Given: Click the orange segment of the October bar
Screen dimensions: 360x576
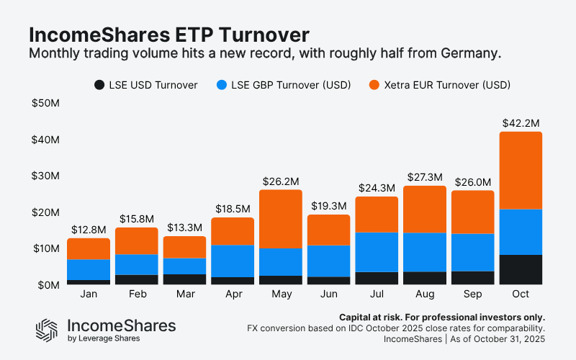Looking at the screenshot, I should tap(521, 171).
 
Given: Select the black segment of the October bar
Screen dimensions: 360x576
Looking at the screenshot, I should tap(521, 270).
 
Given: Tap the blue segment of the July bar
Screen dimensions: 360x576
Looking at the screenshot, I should tap(377, 252).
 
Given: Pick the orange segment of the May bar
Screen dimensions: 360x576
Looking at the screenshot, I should tap(280, 220).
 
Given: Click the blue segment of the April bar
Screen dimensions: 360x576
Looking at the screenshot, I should tap(232, 261).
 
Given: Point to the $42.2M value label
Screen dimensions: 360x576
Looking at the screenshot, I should tap(521, 122).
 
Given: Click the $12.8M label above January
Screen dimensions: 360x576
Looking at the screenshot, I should tap(89, 230).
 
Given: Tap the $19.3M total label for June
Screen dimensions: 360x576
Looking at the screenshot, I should tap(328, 206).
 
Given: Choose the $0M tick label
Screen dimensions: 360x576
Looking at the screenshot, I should tap(48, 285).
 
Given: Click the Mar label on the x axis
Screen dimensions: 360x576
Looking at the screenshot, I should tap(184, 296).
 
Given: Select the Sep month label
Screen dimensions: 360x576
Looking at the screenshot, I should tap(472, 296).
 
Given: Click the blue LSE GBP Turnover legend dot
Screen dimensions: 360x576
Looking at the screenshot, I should tap(221, 85).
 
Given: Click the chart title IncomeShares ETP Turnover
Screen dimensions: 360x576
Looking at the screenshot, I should tap(169, 35).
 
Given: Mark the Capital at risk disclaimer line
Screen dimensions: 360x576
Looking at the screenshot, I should tap(441, 317).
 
